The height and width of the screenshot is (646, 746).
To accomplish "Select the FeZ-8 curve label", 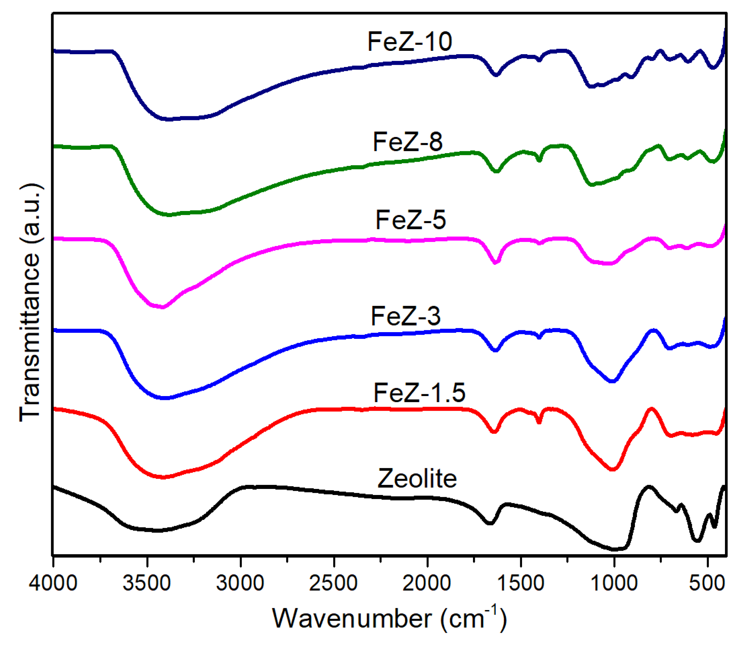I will tap(407, 142).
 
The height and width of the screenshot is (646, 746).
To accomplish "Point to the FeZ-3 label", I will tap(405, 317).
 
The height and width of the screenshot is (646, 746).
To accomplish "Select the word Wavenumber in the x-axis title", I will tap(352, 619).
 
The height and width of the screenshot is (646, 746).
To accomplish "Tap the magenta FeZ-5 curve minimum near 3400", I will tap(162, 307).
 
